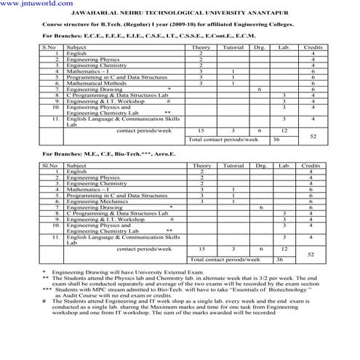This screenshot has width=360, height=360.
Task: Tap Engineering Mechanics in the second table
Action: click(95, 201)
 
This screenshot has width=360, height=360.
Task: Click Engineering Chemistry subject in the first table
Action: click(95, 65)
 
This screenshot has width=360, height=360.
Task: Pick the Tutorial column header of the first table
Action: click(233, 47)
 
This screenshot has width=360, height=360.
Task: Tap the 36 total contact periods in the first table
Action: click(276, 139)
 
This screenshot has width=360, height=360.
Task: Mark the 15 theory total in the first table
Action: click(201, 129)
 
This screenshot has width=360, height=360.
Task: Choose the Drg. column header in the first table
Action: click(260, 47)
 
